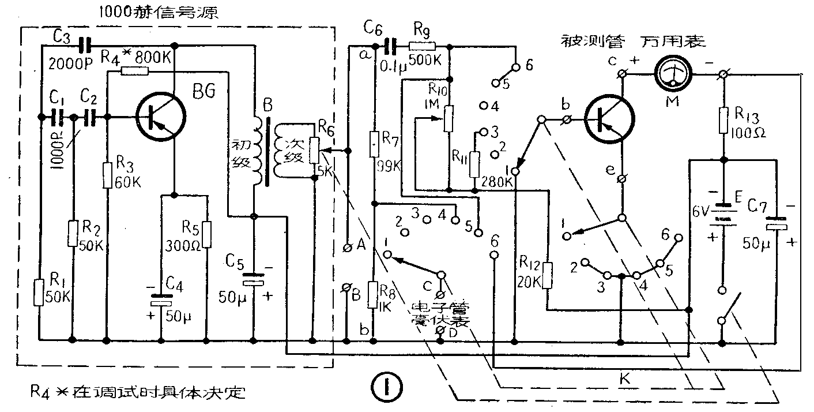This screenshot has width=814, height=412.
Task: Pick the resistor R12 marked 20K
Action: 548,276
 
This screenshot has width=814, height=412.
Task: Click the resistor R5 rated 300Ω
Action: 206,233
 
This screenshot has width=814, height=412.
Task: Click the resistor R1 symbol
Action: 39,292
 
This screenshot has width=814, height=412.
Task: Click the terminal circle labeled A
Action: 347,247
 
